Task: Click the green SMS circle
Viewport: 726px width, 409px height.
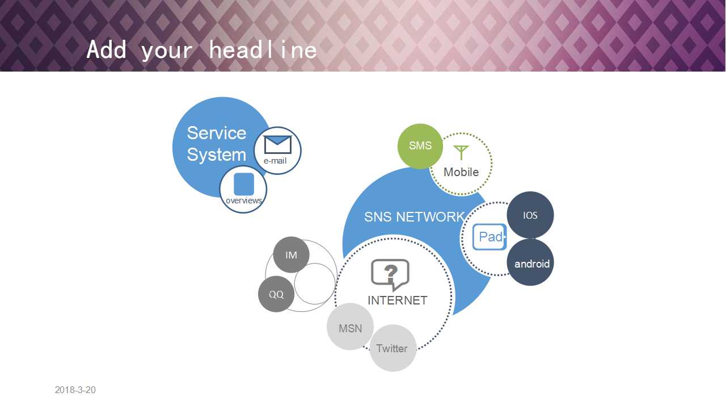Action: click(x=420, y=146)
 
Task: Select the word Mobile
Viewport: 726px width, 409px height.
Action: click(x=461, y=172)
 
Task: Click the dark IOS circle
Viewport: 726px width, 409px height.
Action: click(x=530, y=215)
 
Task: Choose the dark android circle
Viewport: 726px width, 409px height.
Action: click(x=530, y=262)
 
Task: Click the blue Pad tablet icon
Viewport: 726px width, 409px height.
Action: click(x=489, y=237)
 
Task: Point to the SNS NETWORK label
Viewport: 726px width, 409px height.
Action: click(x=414, y=217)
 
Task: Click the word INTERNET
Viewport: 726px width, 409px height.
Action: click(x=398, y=301)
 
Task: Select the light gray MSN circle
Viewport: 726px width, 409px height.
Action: click(x=350, y=327)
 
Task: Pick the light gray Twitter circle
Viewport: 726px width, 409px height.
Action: click(x=393, y=348)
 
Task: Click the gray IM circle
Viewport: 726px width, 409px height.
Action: click(x=291, y=255)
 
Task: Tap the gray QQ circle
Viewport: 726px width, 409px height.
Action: click(x=276, y=294)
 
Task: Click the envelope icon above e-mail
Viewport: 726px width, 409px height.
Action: click(x=278, y=145)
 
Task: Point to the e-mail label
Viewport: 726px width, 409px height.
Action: click(x=275, y=161)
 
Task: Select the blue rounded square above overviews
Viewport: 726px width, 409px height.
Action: click(x=244, y=184)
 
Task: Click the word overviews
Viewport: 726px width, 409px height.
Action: click(x=244, y=201)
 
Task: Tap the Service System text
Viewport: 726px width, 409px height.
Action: click(x=217, y=144)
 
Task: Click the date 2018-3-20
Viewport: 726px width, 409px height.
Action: click(x=75, y=390)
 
